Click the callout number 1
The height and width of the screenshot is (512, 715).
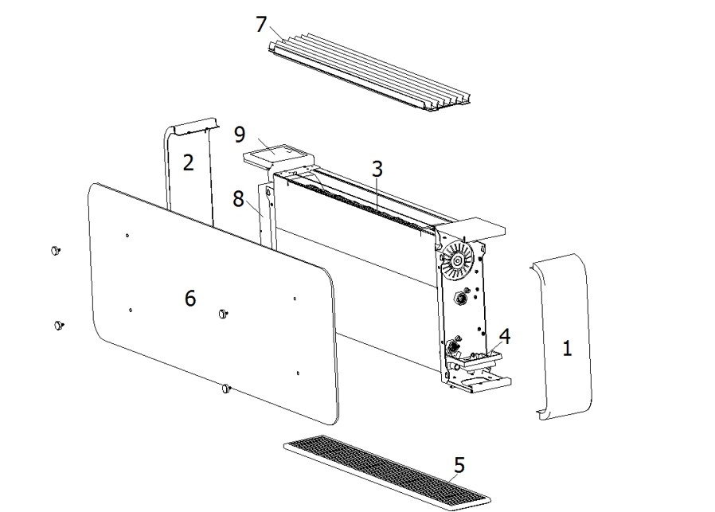click(567, 349)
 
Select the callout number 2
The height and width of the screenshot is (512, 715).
click(188, 162)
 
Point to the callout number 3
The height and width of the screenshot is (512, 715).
click(377, 169)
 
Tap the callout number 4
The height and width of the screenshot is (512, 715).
click(505, 335)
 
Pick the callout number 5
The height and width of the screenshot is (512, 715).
click(459, 464)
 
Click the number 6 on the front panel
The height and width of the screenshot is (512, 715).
click(189, 298)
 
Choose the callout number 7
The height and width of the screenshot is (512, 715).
click(261, 24)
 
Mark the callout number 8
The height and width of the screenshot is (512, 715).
click(238, 198)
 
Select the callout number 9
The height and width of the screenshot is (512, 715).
click(241, 134)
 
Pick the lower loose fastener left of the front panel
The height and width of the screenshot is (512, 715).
click(57, 325)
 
